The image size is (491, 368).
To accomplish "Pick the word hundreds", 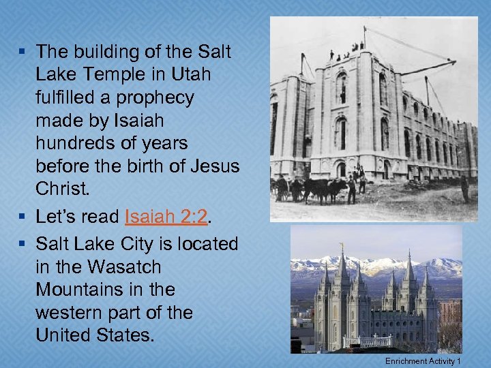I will [72, 144].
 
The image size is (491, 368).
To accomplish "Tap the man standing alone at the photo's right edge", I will [465, 189].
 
